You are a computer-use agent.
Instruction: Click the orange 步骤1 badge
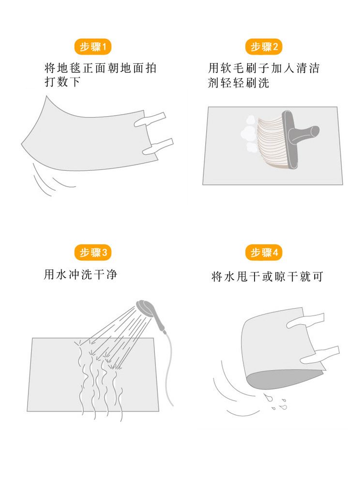tap(93, 47)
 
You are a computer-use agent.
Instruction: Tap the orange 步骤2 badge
tap(264, 47)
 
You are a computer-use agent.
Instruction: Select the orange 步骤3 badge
tap(93, 252)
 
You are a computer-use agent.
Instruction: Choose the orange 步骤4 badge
tap(264, 253)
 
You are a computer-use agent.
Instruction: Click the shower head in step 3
tap(145, 306)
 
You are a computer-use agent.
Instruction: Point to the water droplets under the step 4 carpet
tap(274, 402)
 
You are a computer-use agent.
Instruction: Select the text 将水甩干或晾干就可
tap(267, 277)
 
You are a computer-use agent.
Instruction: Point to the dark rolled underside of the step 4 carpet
tap(281, 380)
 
